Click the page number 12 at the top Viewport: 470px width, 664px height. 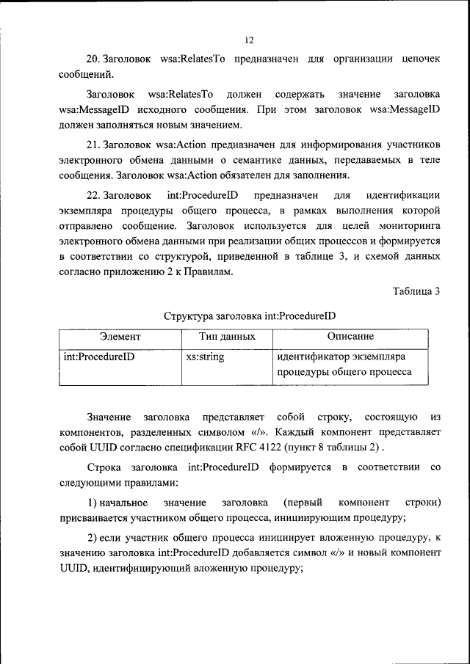tap(249, 40)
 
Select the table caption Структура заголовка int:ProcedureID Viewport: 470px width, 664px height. tap(249, 316)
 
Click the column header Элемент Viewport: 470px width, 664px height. tap(120, 337)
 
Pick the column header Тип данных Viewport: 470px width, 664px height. tap(227, 337)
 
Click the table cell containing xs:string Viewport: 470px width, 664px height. tap(206, 358)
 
